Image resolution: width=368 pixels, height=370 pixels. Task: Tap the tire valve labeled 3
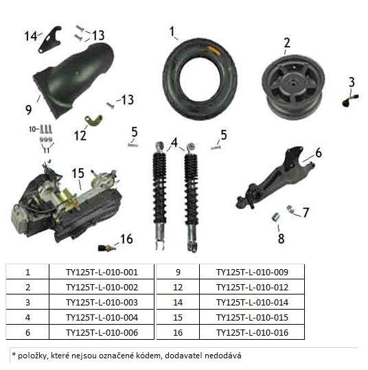coord(350,100)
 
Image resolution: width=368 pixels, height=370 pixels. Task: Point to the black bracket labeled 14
coord(50,40)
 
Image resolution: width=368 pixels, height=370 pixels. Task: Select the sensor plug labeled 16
coord(106,248)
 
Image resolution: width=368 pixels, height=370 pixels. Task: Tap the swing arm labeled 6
coord(275,179)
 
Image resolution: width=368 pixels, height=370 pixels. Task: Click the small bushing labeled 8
coord(275,217)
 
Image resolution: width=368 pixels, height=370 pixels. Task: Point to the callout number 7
coord(306,212)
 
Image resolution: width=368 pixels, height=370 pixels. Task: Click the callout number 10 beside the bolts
coord(32,129)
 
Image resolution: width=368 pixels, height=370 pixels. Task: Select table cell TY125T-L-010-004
coord(102,317)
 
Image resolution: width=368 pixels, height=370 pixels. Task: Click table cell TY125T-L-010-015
coord(252,317)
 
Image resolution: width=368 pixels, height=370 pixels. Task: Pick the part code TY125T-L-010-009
coord(252,273)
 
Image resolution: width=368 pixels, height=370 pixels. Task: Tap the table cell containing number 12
coord(178,287)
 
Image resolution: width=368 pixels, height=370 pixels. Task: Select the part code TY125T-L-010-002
coord(102,288)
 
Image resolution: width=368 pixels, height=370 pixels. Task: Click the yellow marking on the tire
coord(213,51)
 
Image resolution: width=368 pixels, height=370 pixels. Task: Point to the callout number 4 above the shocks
coord(174,143)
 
